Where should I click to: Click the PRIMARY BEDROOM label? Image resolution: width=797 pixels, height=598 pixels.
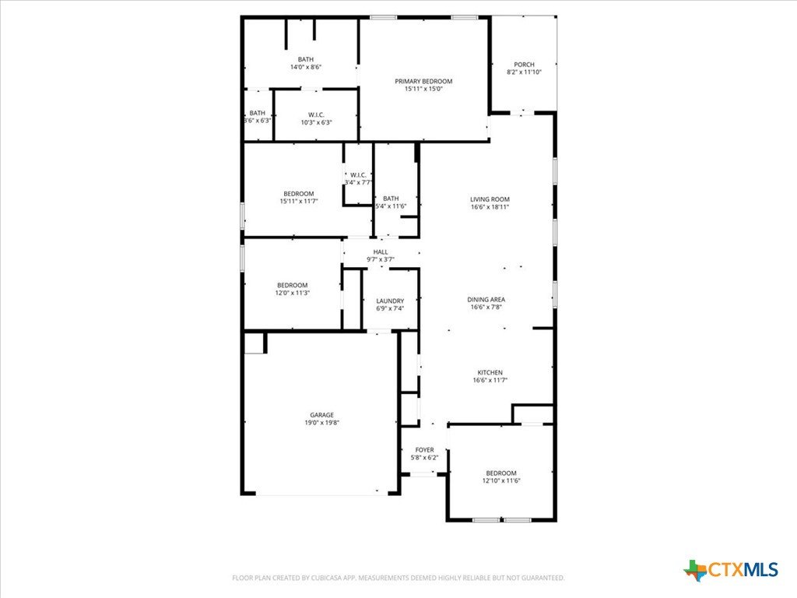pos(423,81)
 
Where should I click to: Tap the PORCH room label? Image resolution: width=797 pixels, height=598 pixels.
pos(524,65)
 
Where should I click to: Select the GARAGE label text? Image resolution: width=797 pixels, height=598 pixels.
pos(322,415)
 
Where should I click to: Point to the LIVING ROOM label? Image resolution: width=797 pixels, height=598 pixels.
pos(490,199)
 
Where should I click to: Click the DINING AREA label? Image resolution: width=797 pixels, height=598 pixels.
pos(486,300)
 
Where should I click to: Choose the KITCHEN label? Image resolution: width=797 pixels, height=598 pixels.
pos(490,373)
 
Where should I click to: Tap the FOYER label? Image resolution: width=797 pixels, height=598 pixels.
pos(424,450)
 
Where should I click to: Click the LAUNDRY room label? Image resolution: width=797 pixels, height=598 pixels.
pos(391,301)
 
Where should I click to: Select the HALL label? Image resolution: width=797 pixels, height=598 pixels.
pos(381,252)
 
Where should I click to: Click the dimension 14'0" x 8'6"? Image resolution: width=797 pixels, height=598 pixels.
pos(306,67)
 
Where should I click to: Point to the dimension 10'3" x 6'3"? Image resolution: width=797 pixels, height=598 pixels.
pos(316,122)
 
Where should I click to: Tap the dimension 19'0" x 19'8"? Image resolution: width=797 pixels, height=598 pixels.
pos(322,423)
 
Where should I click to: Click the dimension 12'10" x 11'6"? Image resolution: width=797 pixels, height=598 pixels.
pos(501,480)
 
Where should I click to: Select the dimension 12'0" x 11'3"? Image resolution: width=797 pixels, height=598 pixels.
pos(293,293)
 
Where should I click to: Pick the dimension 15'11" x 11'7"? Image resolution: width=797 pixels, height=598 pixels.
pos(299,202)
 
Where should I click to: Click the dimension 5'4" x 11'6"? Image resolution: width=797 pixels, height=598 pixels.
pos(391,206)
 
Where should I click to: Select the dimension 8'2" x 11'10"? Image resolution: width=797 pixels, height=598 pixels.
pos(524,72)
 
